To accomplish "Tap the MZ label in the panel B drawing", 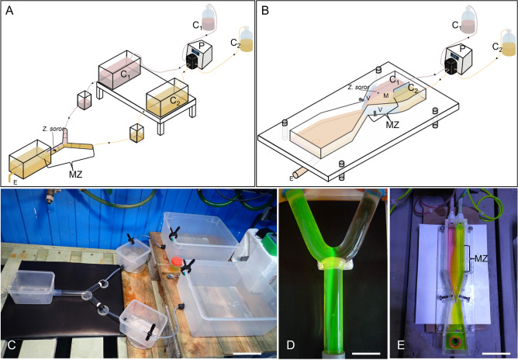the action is [x=393, y=123].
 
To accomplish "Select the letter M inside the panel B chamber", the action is [x=385, y=95].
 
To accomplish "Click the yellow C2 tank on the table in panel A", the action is [x=168, y=98].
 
